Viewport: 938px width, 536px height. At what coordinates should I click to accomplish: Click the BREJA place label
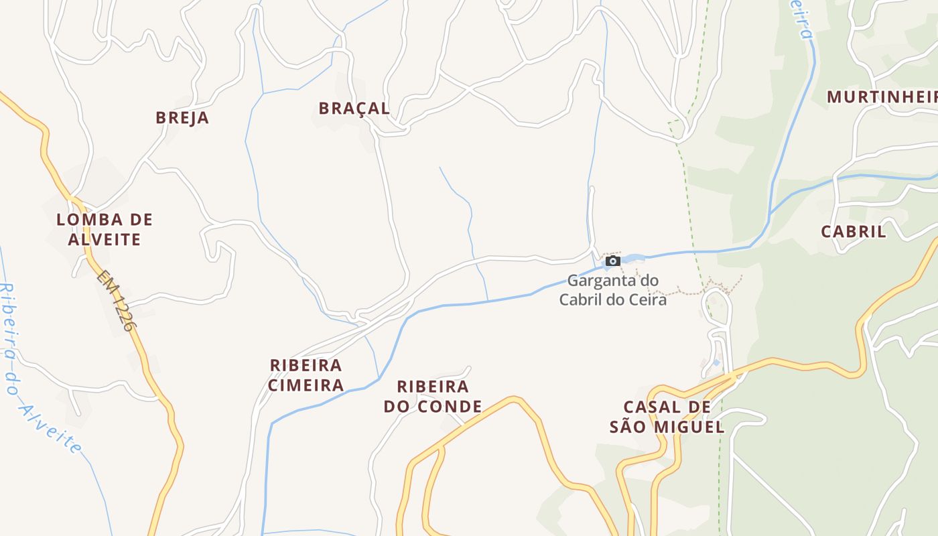[182, 118]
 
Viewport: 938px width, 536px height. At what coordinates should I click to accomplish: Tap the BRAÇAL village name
[354, 109]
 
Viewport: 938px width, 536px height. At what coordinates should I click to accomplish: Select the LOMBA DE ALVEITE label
[105, 229]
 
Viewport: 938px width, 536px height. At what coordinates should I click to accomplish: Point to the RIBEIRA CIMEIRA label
[306, 375]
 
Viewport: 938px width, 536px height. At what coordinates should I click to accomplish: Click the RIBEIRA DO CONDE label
[433, 397]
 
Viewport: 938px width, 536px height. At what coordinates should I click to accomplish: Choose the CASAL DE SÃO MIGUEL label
[667, 417]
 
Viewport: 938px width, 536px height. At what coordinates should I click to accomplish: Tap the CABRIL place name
[854, 232]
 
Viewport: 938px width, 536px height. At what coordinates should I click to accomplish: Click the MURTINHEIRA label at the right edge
[882, 97]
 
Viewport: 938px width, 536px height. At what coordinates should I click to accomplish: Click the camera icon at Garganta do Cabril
[612, 261]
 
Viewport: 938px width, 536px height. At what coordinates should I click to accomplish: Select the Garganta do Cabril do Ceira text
[613, 289]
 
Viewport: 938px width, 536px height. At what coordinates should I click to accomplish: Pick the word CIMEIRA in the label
[306, 385]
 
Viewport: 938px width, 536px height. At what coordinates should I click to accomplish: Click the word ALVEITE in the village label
[105, 239]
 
